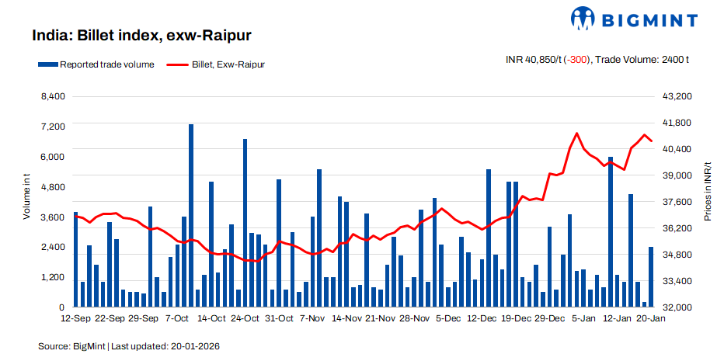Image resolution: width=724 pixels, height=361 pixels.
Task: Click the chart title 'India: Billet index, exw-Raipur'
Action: pos(141,36)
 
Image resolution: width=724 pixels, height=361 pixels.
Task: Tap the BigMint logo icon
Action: pos(583,19)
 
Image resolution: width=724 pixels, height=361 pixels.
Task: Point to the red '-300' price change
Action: pos(576,60)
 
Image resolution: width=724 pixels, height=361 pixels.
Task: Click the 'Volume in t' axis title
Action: pos(26,198)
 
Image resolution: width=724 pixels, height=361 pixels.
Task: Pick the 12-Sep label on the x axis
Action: pos(76,318)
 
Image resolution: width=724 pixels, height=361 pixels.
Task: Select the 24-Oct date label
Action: pos(245,318)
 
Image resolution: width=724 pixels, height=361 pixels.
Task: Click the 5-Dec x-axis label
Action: pos(447,318)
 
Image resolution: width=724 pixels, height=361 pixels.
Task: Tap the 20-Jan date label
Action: pos(650,318)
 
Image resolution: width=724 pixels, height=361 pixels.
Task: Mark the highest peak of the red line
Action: pos(576,134)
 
